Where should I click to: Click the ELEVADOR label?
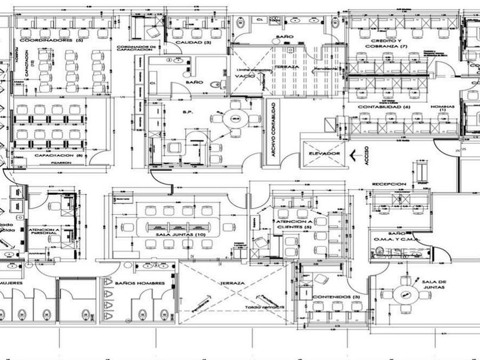324,154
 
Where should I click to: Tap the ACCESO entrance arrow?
359,154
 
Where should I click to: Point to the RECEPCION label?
389,184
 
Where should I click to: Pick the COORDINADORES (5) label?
51,42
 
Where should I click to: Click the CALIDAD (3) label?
193,42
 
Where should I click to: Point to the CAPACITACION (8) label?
59,155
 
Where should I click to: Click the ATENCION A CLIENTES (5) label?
294,224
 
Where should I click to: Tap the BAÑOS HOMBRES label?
139,283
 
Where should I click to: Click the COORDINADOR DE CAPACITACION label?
136,49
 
